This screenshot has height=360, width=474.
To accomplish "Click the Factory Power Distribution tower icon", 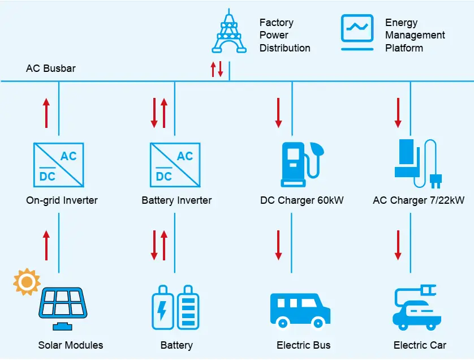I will [x=229, y=32].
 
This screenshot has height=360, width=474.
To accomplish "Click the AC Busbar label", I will [x=51, y=68].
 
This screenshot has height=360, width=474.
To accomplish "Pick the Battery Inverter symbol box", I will [x=175, y=165].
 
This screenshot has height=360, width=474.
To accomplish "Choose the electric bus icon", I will [x=300, y=310].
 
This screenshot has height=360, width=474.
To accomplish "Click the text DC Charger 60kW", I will [x=302, y=200].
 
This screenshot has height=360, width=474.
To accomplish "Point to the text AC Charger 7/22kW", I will [x=419, y=200].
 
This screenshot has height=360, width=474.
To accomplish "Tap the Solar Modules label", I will [x=71, y=345].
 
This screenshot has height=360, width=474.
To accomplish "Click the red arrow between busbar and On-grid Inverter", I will [x=46, y=113].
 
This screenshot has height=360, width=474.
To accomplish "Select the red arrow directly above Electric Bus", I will [x=278, y=245].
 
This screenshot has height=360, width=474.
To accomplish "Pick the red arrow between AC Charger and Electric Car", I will [x=398, y=245].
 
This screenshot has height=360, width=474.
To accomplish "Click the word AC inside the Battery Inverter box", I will [x=185, y=156].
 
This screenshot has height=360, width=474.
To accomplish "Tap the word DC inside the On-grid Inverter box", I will [x=48, y=177].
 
